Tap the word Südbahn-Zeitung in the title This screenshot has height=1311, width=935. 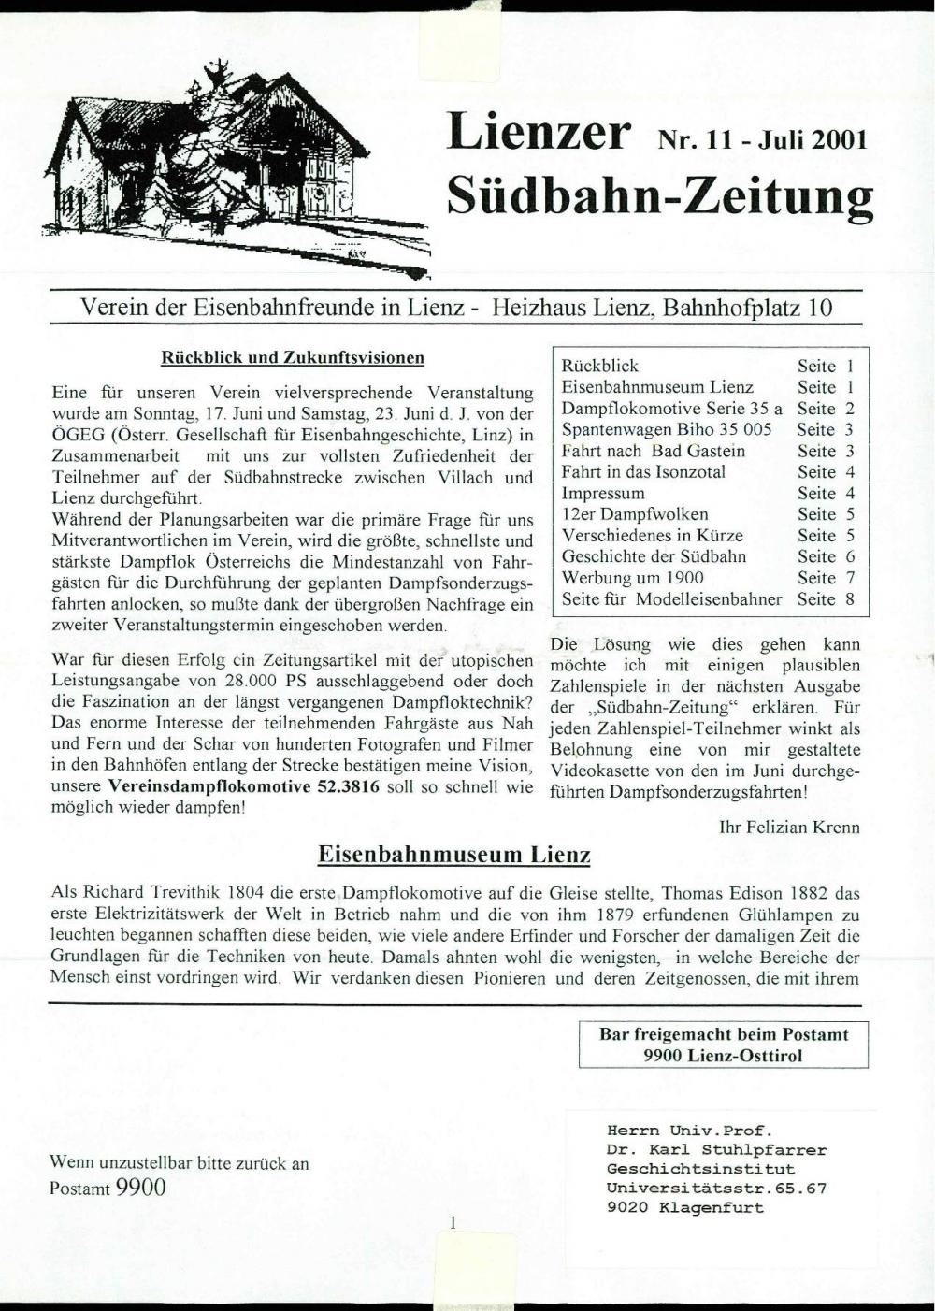(x=659, y=196)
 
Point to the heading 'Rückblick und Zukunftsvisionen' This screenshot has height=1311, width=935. (x=293, y=357)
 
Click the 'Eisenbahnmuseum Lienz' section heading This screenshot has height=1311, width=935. (x=454, y=855)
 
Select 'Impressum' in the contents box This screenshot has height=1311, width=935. (x=603, y=493)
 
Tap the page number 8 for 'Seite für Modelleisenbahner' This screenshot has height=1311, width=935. (x=850, y=599)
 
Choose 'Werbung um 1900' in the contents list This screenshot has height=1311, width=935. (x=632, y=578)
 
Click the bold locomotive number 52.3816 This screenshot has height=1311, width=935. (x=349, y=787)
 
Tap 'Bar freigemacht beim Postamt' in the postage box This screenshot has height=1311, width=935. (x=724, y=1034)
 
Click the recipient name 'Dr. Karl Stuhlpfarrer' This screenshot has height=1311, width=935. (x=716, y=1150)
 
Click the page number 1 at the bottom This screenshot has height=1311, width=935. (x=453, y=1222)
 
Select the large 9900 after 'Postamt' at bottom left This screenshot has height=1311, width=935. (x=141, y=1188)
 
